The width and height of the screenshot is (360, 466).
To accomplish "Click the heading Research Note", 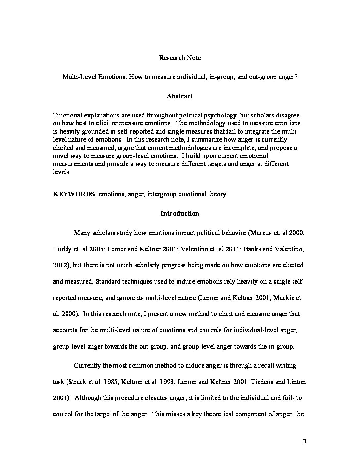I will pyautogui.click(x=180, y=58).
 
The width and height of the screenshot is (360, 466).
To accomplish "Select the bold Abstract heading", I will pyautogui.click(x=180, y=96).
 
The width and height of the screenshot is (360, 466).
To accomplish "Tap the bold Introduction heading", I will pyautogui.click(x=180, y=213).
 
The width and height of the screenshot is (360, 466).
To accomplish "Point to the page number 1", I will pyautogui.click(x=305, y=441).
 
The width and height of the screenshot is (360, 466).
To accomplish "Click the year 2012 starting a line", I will pyautogui.click(x=60, y=265).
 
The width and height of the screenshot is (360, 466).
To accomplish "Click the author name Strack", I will pyautogui.click(x=77, y=382).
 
